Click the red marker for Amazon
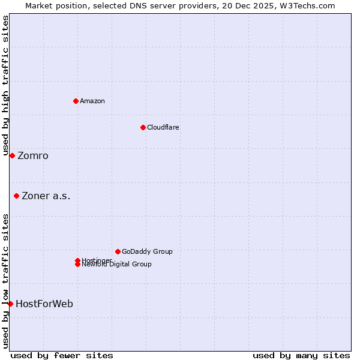[x=76, y=101]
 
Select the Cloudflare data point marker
[x=143, y=127]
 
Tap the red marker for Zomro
[x=12, y=155]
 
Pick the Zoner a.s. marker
[x=16, y=196]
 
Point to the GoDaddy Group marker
[x=118, y=251]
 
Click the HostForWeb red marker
[x=10, y=304]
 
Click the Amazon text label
[x=92, y=101]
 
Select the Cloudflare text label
[x=163, y=127]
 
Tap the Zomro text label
[x=33, y=156]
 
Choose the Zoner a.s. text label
[x=46, y=196]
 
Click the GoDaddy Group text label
[x=147, y=251]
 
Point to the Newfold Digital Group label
[x=117, y=265]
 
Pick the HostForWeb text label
[x=44, y=304]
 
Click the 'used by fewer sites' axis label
[x=62, y=355]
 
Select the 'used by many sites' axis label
[x=301, y=355]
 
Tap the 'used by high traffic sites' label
[x=5, y=86]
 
